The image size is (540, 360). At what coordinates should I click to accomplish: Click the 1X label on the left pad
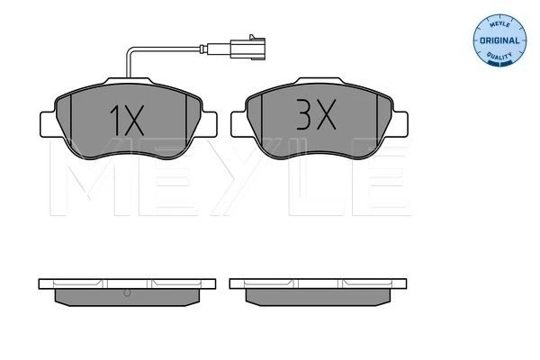pyautogui.click(x=127, y=121)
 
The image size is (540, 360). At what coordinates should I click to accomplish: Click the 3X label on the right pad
pyautogui.click(x=316, y=114)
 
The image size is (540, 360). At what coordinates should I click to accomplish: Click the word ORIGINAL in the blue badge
pyautogui.click(x=499, y=40)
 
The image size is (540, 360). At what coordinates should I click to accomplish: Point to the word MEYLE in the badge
pyautogui.click(x=499, y=24)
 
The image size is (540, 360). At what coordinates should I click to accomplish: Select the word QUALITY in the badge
pyautogui.click(x=499, y=56)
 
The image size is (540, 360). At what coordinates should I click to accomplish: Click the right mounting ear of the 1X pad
pyautogui.click(x=209, y=124)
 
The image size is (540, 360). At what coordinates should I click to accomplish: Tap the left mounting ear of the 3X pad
pyautogui.click(x=239, y=124)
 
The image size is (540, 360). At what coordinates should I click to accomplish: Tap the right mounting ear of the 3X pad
pyautogui.click(x=400, y=124)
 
